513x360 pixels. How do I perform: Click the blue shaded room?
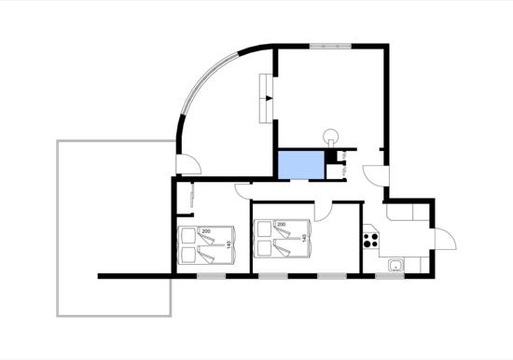pos(301,165)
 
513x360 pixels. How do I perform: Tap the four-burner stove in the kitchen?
pos(370,240)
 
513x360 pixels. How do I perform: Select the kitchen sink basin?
pos(395,265)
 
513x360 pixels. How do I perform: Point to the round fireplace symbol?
pos(331,135)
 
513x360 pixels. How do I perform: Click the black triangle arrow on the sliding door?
pos(269,98)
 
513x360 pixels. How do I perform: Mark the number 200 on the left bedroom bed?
pos(206,231)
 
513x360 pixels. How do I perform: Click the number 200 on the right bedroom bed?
pos(282,225)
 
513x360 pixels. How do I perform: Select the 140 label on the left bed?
pos(229,244)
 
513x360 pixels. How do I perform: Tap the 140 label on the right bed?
pos(304,238)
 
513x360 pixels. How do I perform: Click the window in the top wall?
pos(331,46)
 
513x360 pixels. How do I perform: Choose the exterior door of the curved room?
pos(188,163)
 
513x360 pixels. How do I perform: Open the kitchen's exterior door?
pos(445,239)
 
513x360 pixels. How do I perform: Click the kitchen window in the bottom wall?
pos(389,276)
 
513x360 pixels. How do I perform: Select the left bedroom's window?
pos(212,276)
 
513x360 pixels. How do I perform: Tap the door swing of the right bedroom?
pos(324,212)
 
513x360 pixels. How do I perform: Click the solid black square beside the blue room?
pos(330,156)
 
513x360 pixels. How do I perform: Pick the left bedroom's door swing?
pos(243,191)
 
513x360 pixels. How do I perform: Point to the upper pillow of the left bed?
pos(187,236)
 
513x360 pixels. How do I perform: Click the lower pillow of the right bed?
pos(263,249)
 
